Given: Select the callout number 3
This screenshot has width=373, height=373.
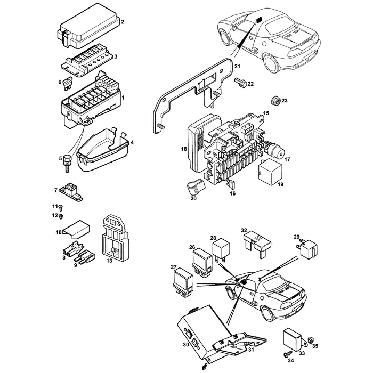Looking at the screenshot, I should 116,56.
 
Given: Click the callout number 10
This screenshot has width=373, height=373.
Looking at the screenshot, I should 59,232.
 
